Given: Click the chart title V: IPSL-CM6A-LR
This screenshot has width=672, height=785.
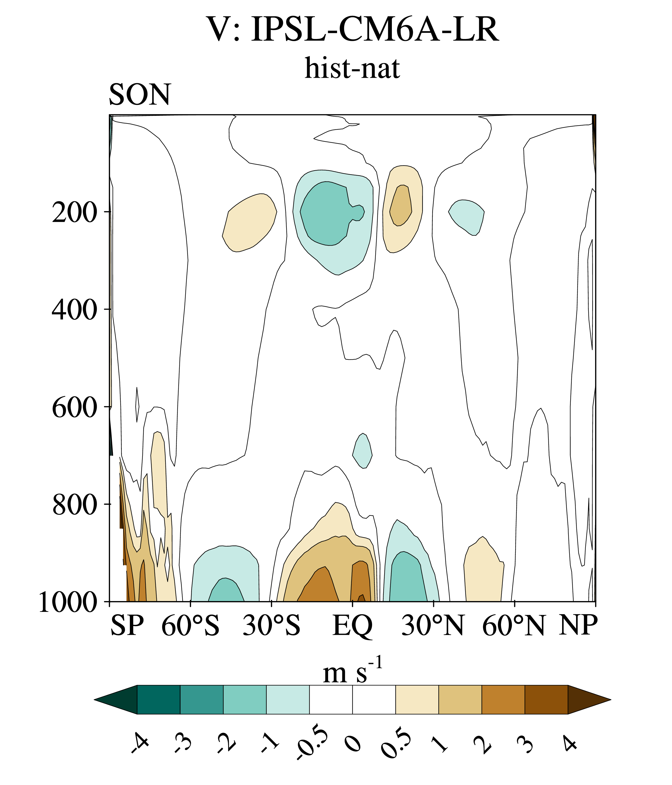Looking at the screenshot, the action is click(x=353, y=29).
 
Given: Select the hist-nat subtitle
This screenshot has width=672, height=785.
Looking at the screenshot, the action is click(x=352, y=68).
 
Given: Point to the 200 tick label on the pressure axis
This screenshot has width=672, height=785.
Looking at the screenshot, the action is click(x=74, y=213).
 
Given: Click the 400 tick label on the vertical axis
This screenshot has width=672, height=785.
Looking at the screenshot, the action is click(x=74, y=310).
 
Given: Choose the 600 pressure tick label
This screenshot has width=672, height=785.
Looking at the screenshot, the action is click(x=74, y=408).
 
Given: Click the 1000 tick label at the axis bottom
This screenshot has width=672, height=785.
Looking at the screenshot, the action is click(x=68, y=602).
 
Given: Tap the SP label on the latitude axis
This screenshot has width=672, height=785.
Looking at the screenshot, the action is click(x=127, y=635).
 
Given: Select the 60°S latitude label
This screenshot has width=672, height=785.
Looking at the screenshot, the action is click(x=190, y=635).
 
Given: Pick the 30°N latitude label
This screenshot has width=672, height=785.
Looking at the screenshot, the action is click(x=433, y=635).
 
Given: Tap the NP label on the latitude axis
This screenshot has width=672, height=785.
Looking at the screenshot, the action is click(x=578, y=635).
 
